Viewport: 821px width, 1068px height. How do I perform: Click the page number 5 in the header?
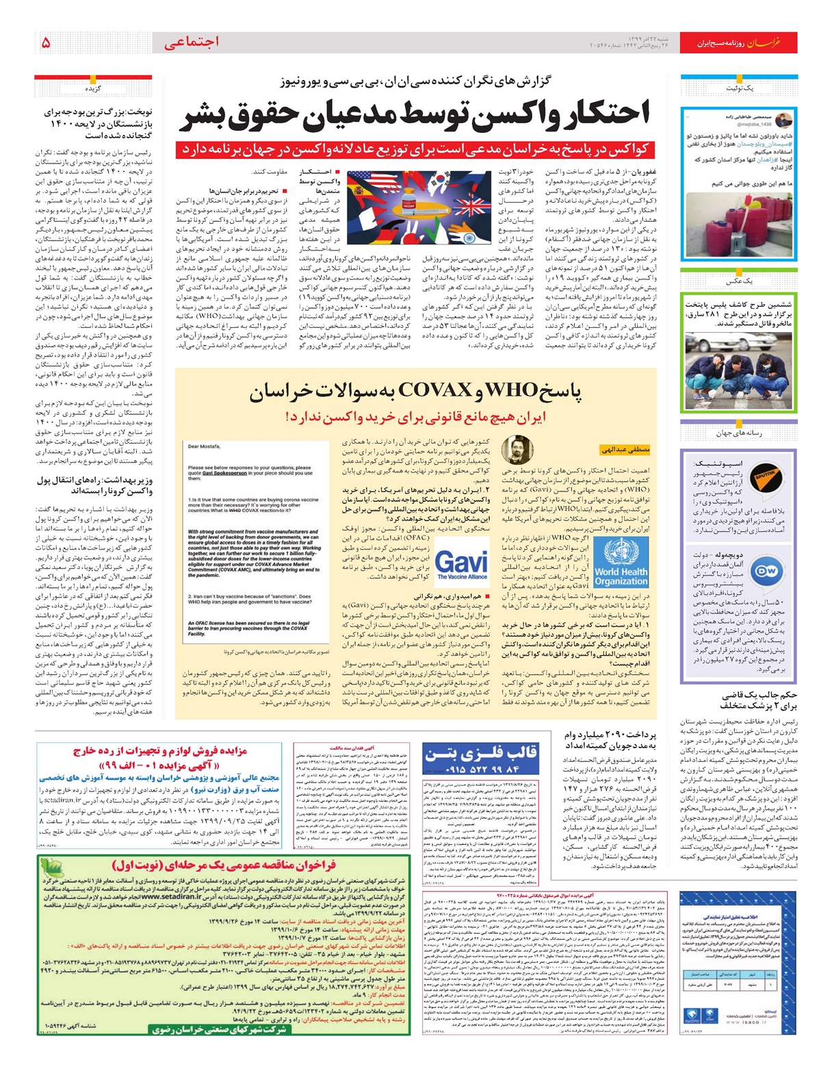tap(46, 42)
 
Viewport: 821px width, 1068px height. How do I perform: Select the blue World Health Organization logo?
tap(621, 562)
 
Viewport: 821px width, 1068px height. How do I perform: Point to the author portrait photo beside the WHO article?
tap(517, 450)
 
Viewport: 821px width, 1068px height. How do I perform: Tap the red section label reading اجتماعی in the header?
tap(192, 42)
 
